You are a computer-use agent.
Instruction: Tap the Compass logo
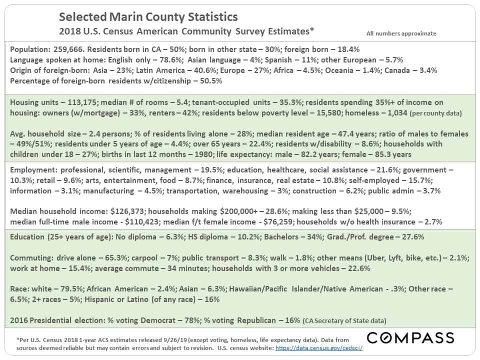click(410, 338)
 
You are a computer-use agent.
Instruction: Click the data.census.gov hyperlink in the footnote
click(319, 348)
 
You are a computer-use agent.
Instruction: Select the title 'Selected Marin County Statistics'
click(148, 17)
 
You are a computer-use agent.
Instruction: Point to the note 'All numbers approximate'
click(401, 33)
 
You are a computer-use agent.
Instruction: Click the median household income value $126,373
click(127, 211)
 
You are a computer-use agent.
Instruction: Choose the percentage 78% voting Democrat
click(192, 320)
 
